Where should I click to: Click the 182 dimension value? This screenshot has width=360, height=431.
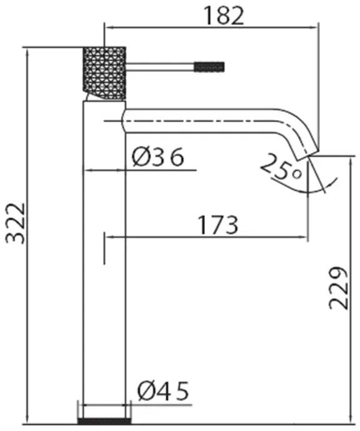[224, 16]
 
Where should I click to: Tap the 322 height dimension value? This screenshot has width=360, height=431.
[16, 224]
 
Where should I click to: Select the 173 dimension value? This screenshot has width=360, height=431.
[218, 225]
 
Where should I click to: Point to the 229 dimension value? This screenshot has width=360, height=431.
[339, 288]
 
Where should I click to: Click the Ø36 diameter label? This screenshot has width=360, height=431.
[157, 157]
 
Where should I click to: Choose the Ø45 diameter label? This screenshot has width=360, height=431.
[163, 391]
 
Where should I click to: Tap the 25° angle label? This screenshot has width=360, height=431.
[281, 167]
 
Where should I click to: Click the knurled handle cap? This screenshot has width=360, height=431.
[104, 73]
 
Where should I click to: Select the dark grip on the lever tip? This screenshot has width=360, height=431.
[209, 67]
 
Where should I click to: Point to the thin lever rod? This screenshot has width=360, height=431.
[160, 67]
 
